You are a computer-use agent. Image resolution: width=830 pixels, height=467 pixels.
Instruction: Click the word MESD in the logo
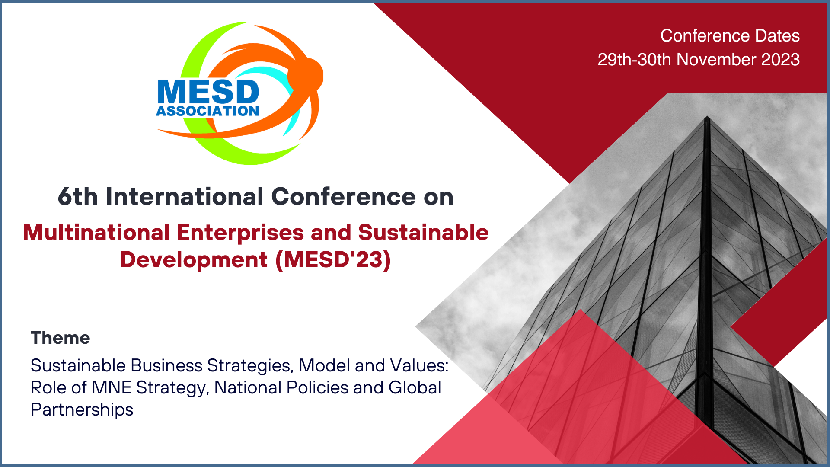pyautogui.click(x=208, y=92)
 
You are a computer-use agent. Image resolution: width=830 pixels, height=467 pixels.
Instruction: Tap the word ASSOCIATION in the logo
pyautogui.click(x=207, y=111)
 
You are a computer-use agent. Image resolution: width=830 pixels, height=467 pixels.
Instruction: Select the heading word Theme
pyautogui.click(x=61, y=338)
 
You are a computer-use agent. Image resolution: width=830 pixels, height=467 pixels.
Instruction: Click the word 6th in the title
pyautogui.click(x=78, y=197)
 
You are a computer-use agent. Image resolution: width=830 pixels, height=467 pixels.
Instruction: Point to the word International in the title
pyautogui.click(x=185, y=197)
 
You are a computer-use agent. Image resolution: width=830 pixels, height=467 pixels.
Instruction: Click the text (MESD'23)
pyautogui.click(x=333, y=260)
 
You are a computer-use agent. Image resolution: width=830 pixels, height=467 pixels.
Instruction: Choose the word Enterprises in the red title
pyautogui.click(x=240, y=233)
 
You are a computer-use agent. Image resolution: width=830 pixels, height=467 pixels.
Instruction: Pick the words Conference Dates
pyautogui.click(x=730, y=35)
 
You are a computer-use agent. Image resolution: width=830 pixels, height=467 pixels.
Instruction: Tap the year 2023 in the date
pyautogui.click(x=780, y=59)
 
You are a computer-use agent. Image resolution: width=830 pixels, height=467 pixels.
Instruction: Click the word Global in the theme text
pyautogui.click(x=415, y=387)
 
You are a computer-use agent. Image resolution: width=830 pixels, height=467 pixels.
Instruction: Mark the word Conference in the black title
pyautogui.click(x=344, y=197)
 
